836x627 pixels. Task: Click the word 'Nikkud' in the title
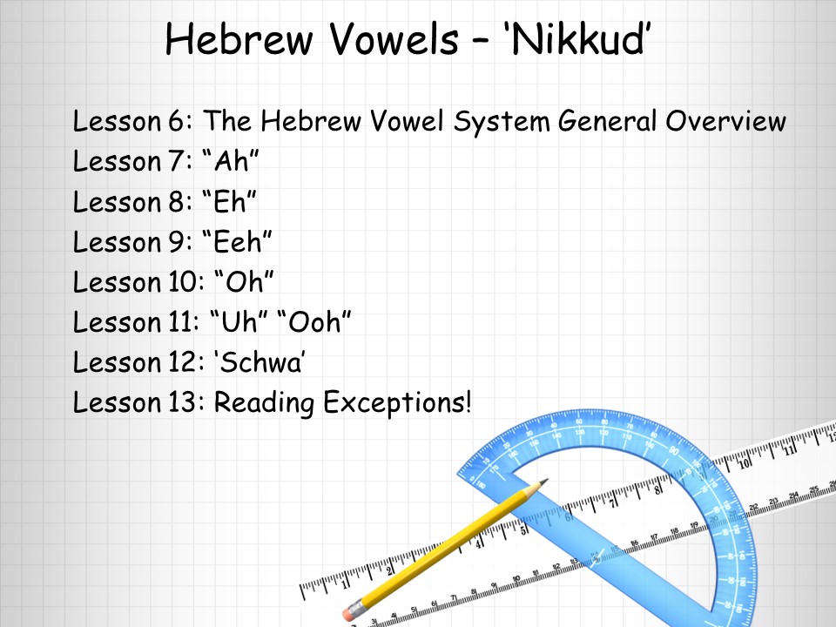[577, 38]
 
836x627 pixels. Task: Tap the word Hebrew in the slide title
[239, 38]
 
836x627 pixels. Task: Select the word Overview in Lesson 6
[725, 120]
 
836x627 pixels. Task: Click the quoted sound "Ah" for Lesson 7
[231, 160]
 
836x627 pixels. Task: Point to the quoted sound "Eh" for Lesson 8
[230, 201]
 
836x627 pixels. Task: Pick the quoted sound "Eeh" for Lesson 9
[238, 241]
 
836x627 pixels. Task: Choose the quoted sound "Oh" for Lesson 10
[244, 281]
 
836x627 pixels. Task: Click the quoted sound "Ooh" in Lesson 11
[315, 321]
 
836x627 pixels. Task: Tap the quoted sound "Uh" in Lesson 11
[239, 321]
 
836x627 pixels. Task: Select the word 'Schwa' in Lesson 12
[260, 361]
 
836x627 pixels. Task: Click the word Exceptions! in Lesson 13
[398, 401]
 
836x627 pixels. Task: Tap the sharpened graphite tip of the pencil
[544, 481]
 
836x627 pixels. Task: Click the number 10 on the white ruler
[745, 462]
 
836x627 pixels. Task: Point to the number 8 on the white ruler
[658, 489]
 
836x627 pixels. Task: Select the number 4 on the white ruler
[479, 543]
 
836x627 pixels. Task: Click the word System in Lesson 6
[502, 121]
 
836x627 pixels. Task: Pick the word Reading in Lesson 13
[264, 402]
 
